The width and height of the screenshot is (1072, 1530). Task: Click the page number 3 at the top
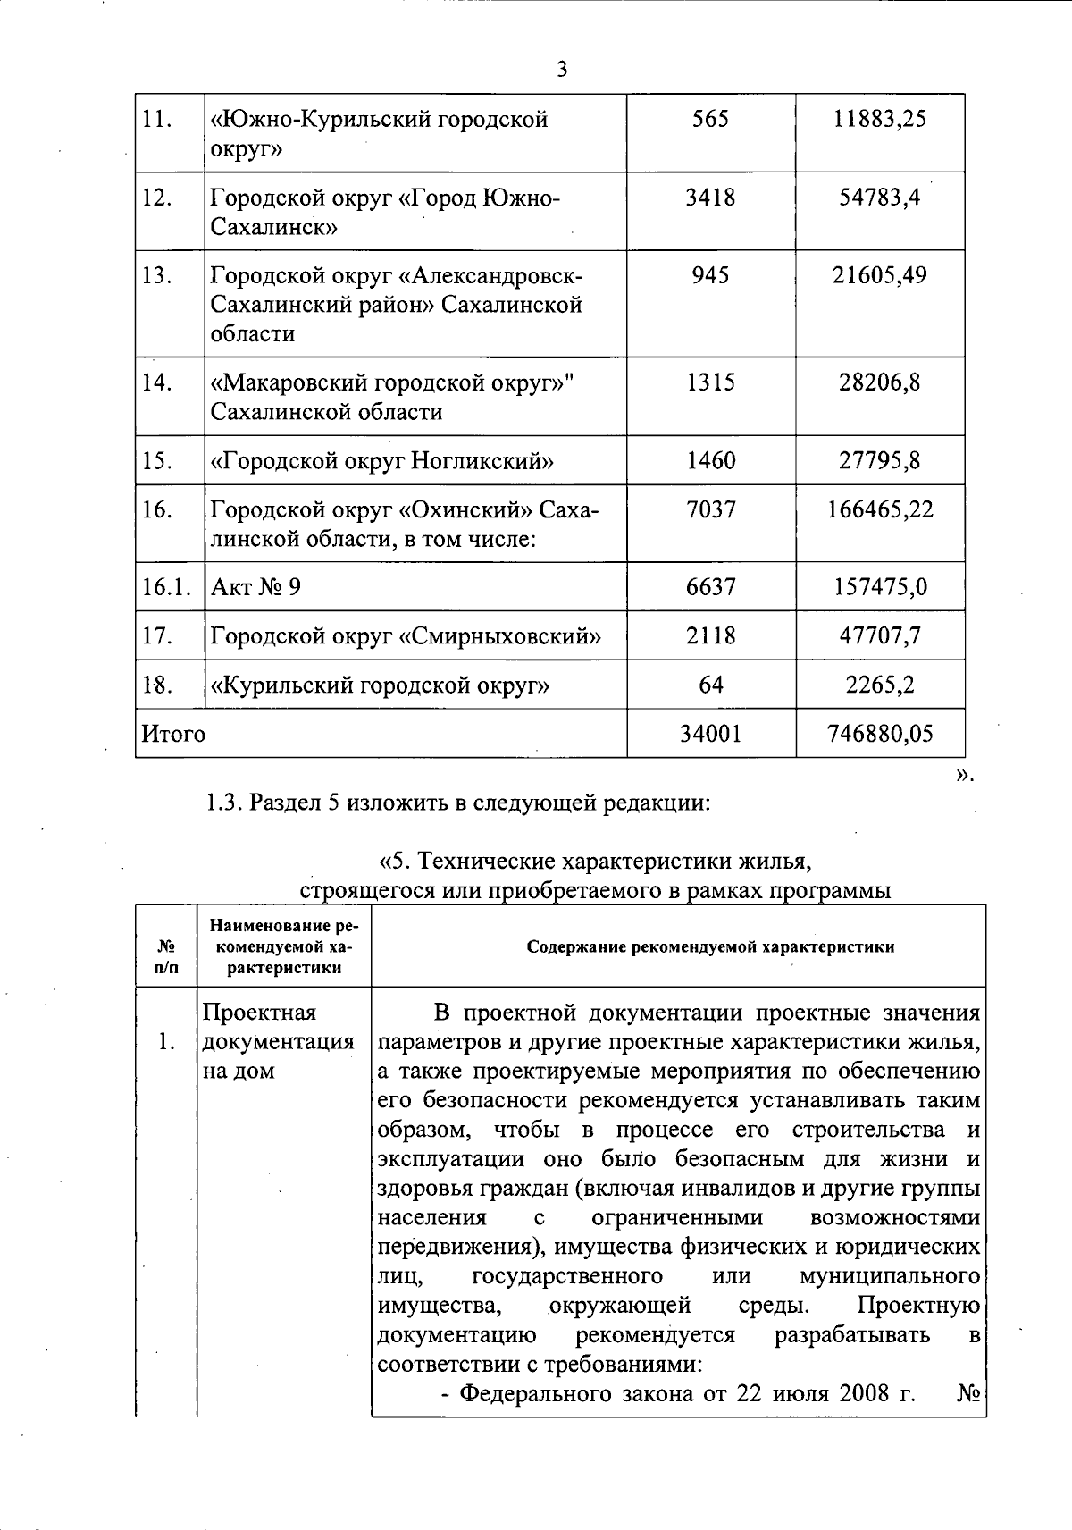pyautogui.click(x=561, y=69)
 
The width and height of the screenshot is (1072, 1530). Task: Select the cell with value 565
pyautogui.click(x=710, y=119)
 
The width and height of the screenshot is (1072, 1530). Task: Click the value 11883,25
pyautogui.click(x=880, y=119)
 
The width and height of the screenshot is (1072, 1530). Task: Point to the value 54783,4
pyautogui.click(x=879, y=198)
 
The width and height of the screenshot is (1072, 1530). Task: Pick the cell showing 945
pyautogui.click(x=710, y=275)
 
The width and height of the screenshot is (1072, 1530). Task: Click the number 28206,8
pyautogui.click(x=879, y=382)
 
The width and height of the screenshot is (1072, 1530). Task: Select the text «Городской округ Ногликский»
pyautogui.click(x=381, y=461)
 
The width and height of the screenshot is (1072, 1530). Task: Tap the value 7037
pyautogui.click(x=710, y=510)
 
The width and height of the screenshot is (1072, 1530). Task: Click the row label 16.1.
pyautogui.click(x=167, y=587)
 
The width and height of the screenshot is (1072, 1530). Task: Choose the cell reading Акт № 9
pyautogui.click(x=255, y=587)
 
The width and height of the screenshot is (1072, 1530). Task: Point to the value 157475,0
pyautogui.click(x=880, y=587)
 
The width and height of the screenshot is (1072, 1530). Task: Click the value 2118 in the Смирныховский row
pyautogui.click(x=710, y=636)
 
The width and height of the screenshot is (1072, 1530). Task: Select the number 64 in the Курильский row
pyautogui.click(x=710, y=685)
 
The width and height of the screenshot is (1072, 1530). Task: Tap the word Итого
pyautogui.click(x=173, y=735)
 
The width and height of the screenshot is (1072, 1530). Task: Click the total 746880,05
pyautogui.click(x=880, y=735)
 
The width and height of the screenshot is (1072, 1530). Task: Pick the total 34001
pyautogui.click(x=710, y=735)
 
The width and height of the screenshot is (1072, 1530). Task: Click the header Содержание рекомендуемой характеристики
pyautogui.click(x=710, y=947)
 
